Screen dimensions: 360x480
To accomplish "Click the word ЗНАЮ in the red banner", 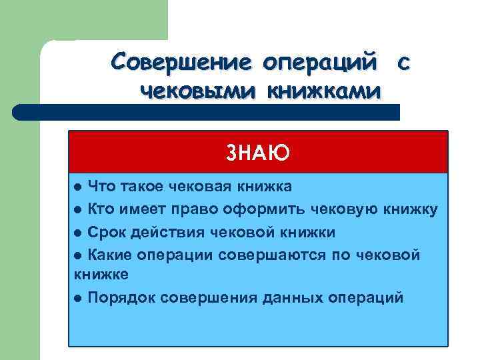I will pos(257,153).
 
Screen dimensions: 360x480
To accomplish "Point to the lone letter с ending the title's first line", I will pos(402,63).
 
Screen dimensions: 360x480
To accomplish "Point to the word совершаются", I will pos(277,254).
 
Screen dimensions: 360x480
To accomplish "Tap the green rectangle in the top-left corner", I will pos(83,20).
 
